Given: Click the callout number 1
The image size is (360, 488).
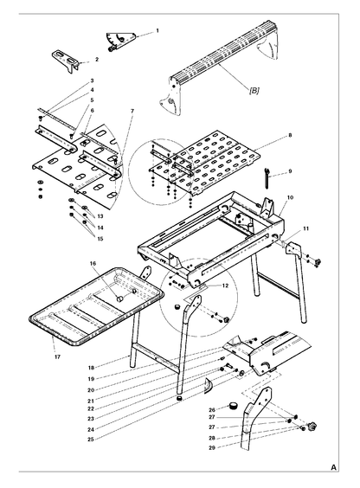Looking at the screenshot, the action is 157,31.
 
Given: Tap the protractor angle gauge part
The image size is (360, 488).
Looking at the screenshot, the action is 121,41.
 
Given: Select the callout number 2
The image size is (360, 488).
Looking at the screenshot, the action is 97,59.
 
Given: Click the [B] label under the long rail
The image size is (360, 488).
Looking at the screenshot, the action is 254,91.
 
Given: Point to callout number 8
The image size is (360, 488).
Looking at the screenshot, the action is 290,135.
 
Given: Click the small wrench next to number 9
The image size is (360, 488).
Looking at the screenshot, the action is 267,177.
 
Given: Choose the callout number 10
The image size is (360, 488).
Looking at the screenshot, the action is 290,197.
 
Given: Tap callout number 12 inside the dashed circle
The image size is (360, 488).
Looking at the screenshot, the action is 225,286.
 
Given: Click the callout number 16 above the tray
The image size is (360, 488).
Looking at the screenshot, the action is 93,263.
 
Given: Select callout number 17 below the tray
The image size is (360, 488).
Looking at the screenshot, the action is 57,357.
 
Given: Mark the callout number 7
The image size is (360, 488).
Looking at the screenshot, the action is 132,111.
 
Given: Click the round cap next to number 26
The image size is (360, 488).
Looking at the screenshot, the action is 233,406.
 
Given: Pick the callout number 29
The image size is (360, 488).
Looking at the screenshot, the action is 212,448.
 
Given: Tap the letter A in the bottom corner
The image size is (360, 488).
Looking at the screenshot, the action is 333,468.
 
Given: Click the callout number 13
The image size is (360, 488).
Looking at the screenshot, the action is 100,216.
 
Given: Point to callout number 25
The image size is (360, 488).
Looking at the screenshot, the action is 91,440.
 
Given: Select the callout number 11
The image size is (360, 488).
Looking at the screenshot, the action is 305,228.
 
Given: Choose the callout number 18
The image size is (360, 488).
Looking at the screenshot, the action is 91,368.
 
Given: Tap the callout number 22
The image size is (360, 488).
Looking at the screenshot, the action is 91,409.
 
